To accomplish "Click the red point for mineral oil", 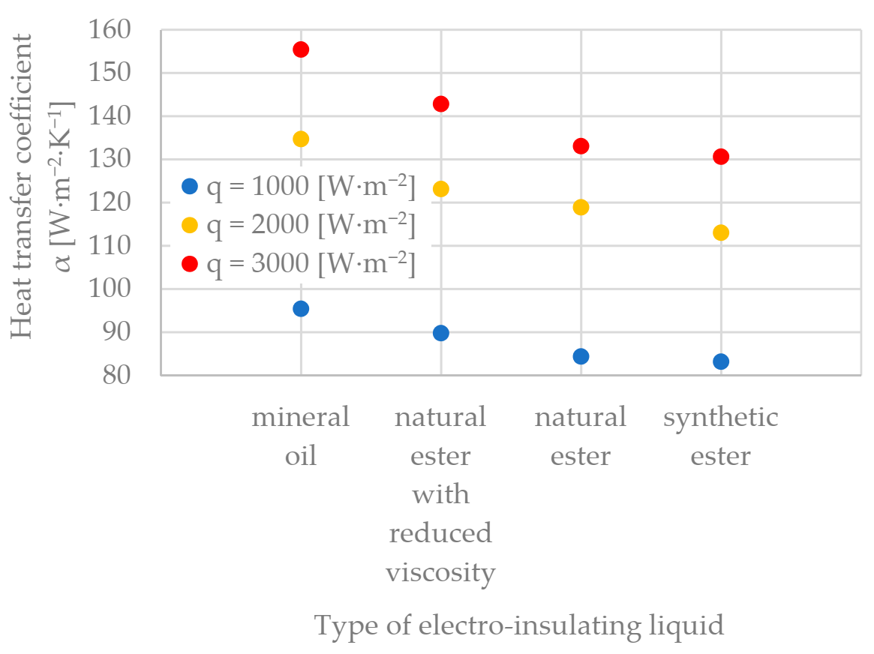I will (301, 49).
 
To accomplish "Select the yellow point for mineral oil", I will (301, 139).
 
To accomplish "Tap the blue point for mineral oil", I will (301, 308).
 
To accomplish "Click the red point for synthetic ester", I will (721, 157).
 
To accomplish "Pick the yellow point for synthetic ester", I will (721, 232).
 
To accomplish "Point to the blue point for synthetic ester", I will (721, 361).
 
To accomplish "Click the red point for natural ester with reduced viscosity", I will (441, 103).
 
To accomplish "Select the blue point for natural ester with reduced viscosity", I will (441, 333).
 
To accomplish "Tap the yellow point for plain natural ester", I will (581, 207).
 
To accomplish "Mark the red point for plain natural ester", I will (581, 146).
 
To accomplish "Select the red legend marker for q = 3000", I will (190, 264).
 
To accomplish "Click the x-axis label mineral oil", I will (301, 436).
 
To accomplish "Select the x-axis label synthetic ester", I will (721, 436).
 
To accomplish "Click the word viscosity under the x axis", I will (441, 573).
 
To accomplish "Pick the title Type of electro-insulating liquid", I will (519, 625).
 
